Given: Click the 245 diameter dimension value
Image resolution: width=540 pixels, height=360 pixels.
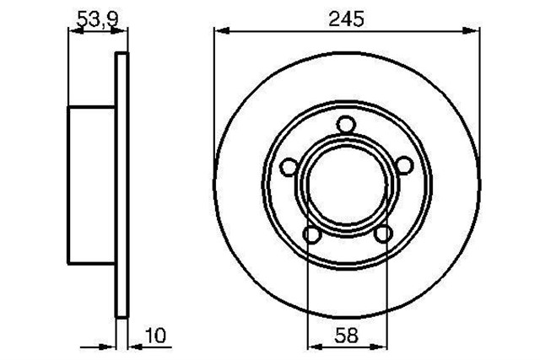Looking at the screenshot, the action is click(x=346, y=19).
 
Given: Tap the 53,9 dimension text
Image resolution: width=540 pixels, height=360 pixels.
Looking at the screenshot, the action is click(x=98, y=19).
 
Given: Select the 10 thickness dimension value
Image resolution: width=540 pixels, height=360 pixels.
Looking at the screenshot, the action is click(x=156, y=336).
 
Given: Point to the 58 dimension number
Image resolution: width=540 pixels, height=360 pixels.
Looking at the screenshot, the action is click(x=347, y=336).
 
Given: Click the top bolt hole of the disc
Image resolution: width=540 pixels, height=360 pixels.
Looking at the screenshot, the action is click(x=346, y=125).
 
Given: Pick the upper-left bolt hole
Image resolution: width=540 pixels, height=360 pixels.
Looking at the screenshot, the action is click(x=289, y=167).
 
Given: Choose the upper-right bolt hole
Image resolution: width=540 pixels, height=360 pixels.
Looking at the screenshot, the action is click(x=403, y=165).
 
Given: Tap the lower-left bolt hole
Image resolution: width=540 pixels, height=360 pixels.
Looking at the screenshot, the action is click(x=311, y=234).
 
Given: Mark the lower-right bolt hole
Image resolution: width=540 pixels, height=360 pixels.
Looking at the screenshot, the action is click(x=383, y=234).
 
